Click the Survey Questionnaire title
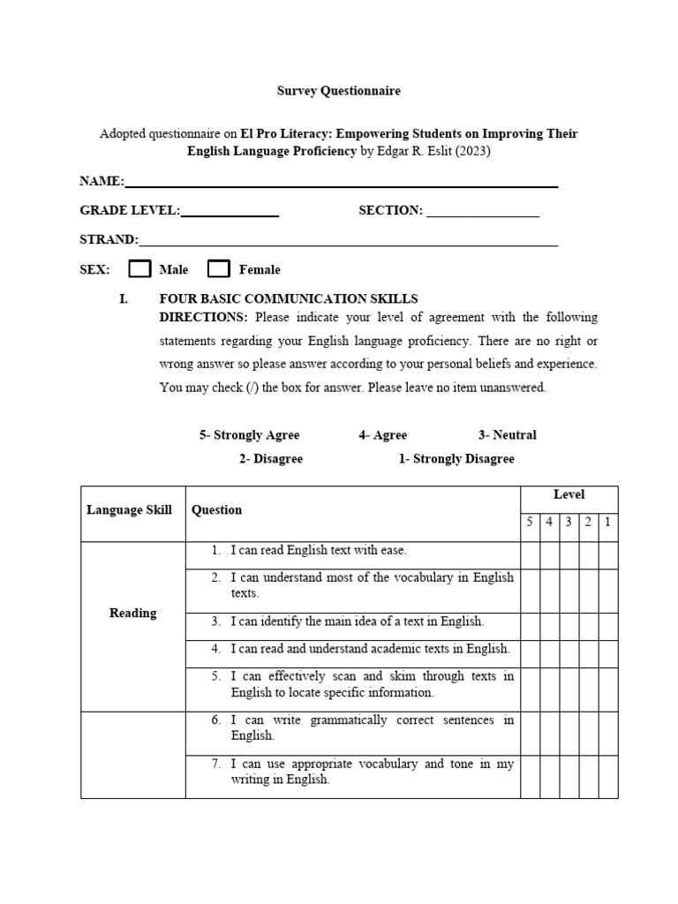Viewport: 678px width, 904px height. pyautogui.click(x=340, y=91)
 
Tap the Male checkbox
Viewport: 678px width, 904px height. pyautogui.click(x=140, y=269)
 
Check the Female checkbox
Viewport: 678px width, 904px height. pyautogui.click(x=219, y=269)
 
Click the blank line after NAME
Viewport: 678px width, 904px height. pyautogui.click(x=341, y=185)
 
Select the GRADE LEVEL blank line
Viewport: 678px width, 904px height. pyautogui.click(x=230, y=215)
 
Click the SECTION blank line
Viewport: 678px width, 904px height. pyautogui.click(x=483, y=215)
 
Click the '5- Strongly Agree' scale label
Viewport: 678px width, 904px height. pyautogui.click(x=249, y=435)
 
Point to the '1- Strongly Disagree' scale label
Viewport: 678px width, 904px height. pyautogui.click(x=456, y=459)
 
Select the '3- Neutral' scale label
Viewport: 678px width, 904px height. pyautogui.click(x=507, y=435)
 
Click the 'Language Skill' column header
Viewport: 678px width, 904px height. pyautogui.click(x=129, y=510)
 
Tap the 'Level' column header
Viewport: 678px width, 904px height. pyautogui.click(x=569, y=495)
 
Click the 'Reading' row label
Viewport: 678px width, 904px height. pyautogui.click(x=132, y=614)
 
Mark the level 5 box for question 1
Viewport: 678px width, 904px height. pyautogui.click(x=530, y=555)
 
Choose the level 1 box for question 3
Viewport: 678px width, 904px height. pyautogui.click(x=608, y=626)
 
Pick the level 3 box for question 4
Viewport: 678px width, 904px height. pyautogui.click(x=569, y=653)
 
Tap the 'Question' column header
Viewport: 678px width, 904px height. pyautogui.click(x=217, y=510)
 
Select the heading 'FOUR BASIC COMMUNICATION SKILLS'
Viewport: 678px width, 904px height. pyautogui.click(x=288, y=299)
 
